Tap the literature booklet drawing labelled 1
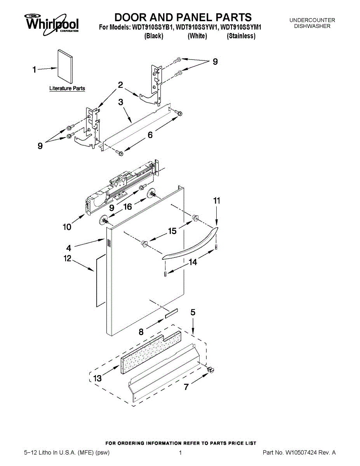65,66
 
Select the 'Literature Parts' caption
67,89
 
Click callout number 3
121,103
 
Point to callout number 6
150,135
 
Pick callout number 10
67,227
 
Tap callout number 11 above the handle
217,201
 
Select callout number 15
172,231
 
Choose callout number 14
192,262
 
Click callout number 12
68,258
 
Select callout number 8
141,332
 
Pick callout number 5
193,312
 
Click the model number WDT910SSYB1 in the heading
153,28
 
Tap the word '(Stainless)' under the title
241,36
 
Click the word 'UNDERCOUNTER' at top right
312,20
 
